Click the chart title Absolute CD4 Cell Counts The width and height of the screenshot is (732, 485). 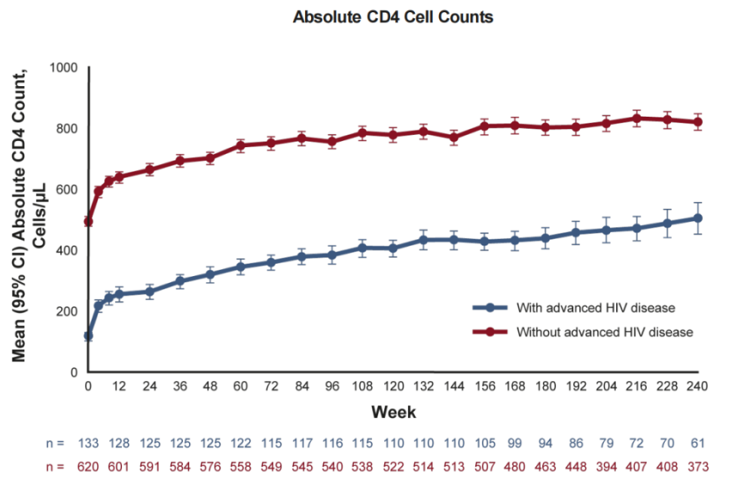[393, 17]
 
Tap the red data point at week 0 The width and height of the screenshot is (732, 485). [88, 221]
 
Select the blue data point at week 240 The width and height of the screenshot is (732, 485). [697, 218]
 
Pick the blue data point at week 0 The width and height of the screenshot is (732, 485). [88, 336]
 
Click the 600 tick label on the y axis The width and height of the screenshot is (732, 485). [67, 189]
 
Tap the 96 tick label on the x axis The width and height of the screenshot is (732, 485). [332, 386]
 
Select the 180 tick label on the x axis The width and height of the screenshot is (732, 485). [545, 386]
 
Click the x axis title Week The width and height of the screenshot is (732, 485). [393, 413]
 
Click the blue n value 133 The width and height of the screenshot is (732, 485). [88, 443]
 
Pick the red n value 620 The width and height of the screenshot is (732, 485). [88, 466]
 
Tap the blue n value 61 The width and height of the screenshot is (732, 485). [697, 443]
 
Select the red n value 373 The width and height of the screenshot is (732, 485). [697, 466]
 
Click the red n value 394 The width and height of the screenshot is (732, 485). [606, 466]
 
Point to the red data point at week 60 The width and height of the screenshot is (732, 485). [240, 145]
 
